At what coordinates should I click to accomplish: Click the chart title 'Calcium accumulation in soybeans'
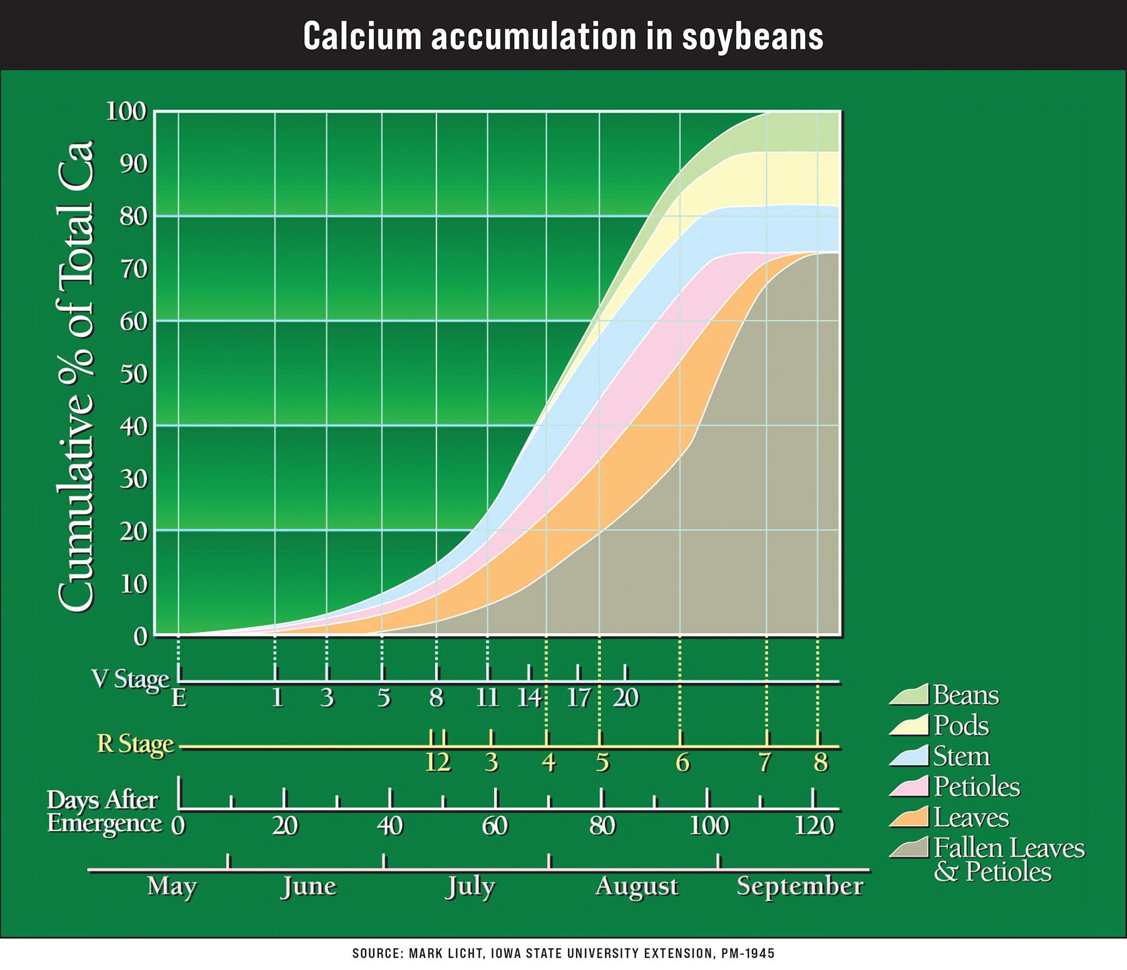(x=563, y=36)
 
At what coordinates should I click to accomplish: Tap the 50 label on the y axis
(x=133, y=374)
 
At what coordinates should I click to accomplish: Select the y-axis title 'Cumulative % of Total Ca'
(x=76, y=375)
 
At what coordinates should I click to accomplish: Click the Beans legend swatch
(x=908, y=695)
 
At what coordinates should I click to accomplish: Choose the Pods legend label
(x=961, y=726)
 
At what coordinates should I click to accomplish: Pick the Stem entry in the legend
(x=961, y=757)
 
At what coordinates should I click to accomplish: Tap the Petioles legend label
(x=977, y=787)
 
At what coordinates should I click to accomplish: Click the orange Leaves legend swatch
(x=908, y=818)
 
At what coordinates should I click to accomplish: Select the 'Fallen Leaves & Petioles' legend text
(x=1008, y=860)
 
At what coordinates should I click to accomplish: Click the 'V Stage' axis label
(x=130, y=679)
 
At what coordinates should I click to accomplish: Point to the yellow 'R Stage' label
(x=135, y=744)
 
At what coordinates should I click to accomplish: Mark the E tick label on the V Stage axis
(x=179, y=698)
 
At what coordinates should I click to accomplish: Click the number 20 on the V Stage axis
(x=625, y=698)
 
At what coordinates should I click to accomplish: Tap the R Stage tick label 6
(x=682, y=763)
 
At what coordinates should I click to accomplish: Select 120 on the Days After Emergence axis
(x=814, y=826)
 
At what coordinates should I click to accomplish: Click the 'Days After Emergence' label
(x=104, y=812)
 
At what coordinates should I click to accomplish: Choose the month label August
(x=637, y=887)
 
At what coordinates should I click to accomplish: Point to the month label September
(x=800, y=887)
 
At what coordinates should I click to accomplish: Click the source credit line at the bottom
(x=563, y=954)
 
